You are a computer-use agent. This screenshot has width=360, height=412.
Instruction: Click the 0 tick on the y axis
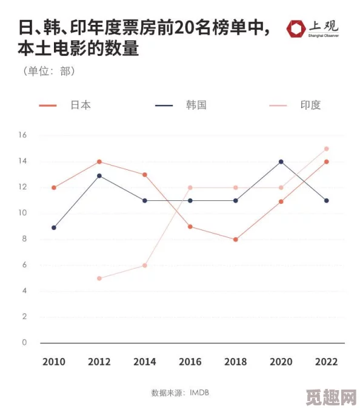point(25,342)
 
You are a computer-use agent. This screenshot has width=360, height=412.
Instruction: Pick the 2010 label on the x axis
point(54,362)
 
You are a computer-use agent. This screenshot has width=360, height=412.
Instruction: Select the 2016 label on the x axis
point(190,362)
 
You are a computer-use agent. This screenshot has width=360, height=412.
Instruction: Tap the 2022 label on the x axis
point(326,362)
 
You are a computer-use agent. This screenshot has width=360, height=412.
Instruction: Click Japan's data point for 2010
point(54,187)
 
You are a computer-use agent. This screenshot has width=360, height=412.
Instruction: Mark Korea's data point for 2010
point(54,228)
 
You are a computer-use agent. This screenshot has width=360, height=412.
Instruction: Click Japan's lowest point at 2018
point(235,239)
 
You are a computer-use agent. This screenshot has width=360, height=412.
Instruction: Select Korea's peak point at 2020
point(281,161)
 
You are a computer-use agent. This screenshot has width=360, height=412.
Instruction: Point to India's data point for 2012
point(99,279)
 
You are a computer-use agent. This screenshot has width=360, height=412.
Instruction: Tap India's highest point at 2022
point(326,149)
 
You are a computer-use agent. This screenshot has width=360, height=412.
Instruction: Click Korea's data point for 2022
point(326,200)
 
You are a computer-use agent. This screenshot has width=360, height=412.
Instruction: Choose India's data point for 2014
point(145,265)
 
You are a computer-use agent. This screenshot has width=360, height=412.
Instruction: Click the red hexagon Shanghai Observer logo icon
point(297,29)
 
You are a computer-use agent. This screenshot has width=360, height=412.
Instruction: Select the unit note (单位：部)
point(48,71)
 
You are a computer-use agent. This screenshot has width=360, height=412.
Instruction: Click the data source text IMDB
point(198,393)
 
